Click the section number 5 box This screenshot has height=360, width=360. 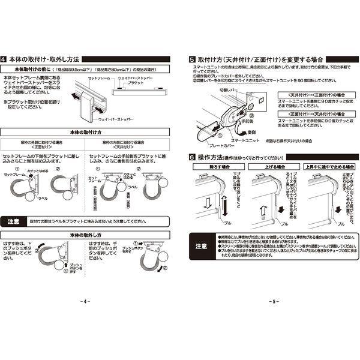pos(191,59)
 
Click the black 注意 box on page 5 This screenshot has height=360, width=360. pos(201,245)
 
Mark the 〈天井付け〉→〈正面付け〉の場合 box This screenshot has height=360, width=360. pos(305,94)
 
